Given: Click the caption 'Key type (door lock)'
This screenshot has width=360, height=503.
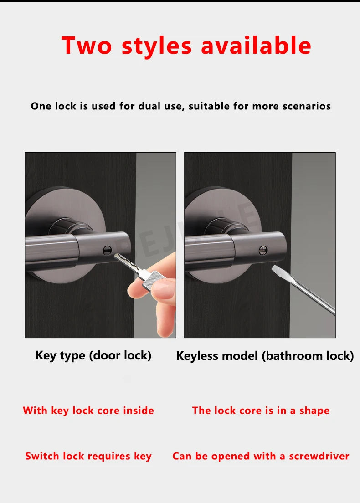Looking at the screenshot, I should (x=93, y=355).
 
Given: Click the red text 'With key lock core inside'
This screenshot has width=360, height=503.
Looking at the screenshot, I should (x=88, y=411).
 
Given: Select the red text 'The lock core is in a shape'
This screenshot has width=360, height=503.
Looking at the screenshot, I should (x=261, y=411).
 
